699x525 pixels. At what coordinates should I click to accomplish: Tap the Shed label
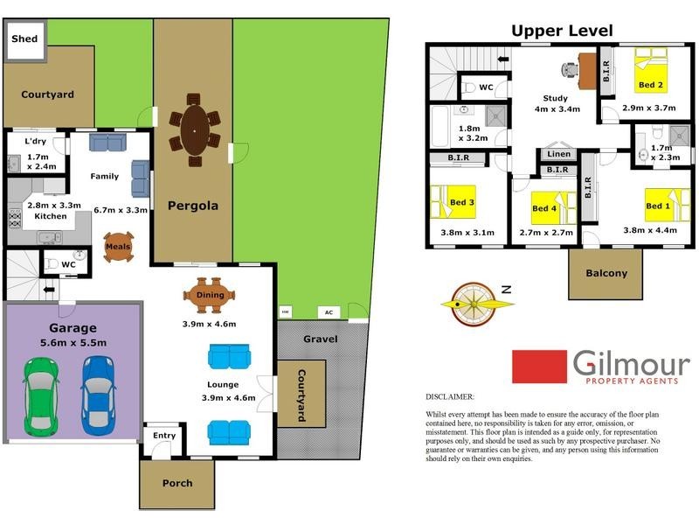tap(24, 39)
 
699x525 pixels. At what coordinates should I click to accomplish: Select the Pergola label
tap(193, 206)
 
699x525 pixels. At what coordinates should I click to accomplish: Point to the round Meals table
tap(118, 247)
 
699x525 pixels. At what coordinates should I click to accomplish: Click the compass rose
tap(472, 303)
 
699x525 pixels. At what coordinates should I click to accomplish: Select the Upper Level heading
tap(562, 31)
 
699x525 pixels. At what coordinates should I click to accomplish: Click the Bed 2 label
tap(650, 85)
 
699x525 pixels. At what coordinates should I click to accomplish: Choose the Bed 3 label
tap(461, 203)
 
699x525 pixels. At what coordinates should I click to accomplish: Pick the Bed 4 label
tap(544, 208)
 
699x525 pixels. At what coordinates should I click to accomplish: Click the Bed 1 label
tap(658, 206)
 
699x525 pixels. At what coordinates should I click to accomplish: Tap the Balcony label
tap(606, 273)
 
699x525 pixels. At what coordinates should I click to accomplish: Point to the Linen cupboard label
tap(558, 154)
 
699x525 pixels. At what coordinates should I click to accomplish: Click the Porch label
tap(177, 483)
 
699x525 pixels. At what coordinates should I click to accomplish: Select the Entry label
tap(163, 435)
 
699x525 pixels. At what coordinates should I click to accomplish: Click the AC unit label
tap(329, 311)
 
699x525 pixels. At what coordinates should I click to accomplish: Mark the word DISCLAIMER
tap(450, 396)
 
